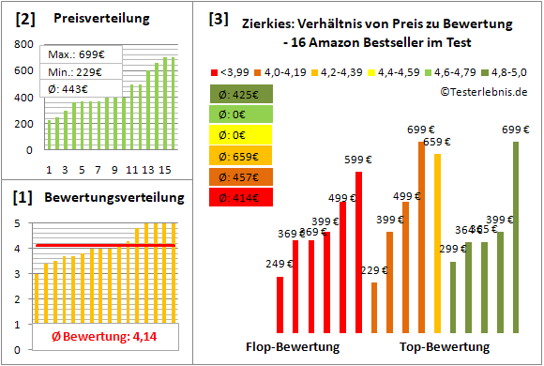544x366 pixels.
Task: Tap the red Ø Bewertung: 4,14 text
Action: pyautogui.click(x=105, y=336)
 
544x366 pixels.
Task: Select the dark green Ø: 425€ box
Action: pyautogui.click(x=239, y=94)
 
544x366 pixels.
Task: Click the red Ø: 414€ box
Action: pyautogui.click(x=239, y=197)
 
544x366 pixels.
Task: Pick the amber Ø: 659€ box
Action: pyautogui.click(x=239, y=156)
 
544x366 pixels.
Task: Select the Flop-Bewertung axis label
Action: pyautogui.click(x=293, y=346)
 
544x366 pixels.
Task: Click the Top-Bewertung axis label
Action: pyautogui.click(x=445, y=346)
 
